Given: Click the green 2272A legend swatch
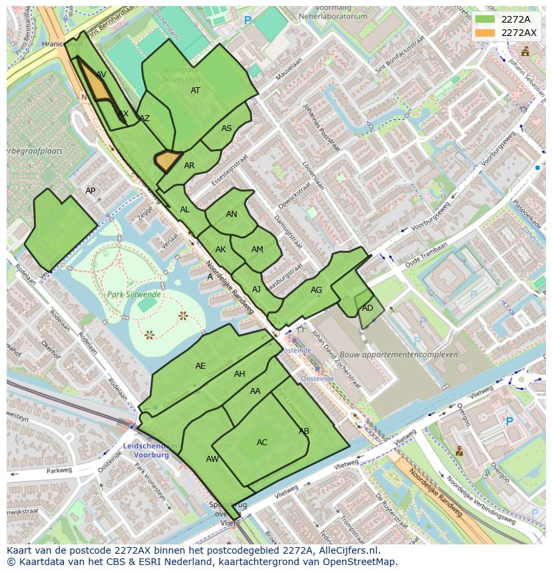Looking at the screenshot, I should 485,20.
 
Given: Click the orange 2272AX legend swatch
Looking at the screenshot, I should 485,33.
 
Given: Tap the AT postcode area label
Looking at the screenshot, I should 195,91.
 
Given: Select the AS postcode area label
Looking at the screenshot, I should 227,128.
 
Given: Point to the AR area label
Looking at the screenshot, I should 189,166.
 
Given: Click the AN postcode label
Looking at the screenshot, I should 231,214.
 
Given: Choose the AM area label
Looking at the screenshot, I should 257,250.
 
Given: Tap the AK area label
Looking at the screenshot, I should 221,250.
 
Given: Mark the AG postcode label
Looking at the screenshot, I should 316,290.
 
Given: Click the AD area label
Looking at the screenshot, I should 367,308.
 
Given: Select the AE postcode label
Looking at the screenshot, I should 201,366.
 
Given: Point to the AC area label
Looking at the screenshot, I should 262,443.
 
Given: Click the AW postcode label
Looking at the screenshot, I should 212,459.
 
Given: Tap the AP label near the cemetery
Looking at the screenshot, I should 91,191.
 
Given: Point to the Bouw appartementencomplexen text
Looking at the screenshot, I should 399,355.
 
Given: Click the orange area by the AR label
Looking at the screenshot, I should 167,160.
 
